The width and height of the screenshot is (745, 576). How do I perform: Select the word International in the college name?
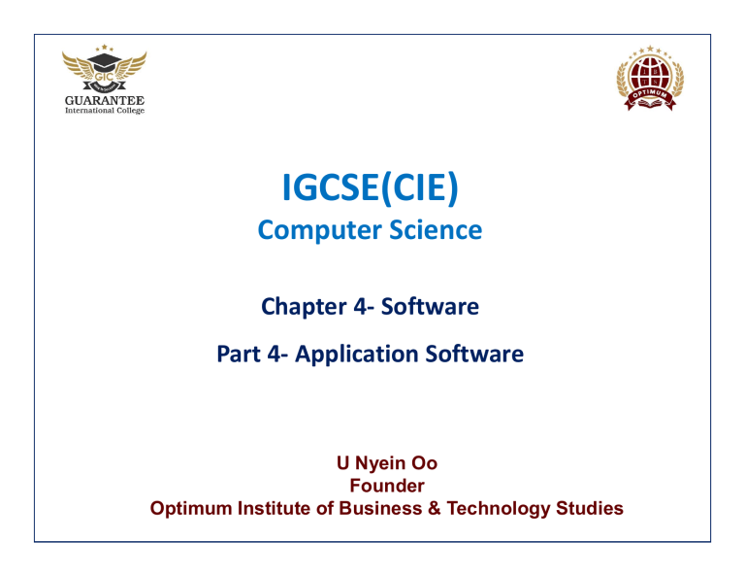pos(87,111)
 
